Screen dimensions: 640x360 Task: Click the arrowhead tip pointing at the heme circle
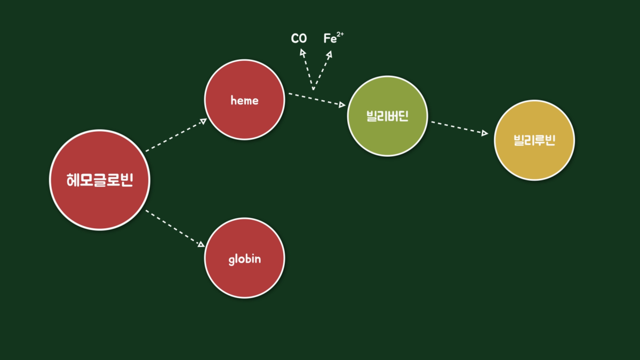[206, 119]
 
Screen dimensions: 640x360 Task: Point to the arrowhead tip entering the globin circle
[205, 246]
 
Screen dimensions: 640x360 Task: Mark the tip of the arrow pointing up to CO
[301, 49]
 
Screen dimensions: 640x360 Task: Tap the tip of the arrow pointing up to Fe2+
[331, 51]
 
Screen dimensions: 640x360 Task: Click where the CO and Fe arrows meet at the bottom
[314, 90]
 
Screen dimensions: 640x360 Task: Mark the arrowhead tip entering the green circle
[346, 106]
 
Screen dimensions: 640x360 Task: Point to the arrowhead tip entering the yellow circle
[488, 133]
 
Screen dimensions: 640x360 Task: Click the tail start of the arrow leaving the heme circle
[289, 93]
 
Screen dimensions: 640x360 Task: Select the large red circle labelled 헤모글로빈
[100, 180]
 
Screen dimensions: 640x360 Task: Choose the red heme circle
[245, 100]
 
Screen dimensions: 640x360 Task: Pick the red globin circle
[245, 258]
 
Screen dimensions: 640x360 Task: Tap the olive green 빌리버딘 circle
[387, 116]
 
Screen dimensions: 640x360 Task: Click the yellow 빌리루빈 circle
[534, 140]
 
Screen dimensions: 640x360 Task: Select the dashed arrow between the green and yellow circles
[460, 127]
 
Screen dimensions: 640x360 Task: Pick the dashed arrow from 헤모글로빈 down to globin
[175, 229]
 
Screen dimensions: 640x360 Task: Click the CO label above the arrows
[299, 38]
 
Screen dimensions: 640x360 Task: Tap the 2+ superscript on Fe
[340, 34]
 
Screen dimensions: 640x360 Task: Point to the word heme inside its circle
[245, 100]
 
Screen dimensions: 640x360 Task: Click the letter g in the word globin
[231, 260]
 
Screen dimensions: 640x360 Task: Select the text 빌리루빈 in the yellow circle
[534, 140]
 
